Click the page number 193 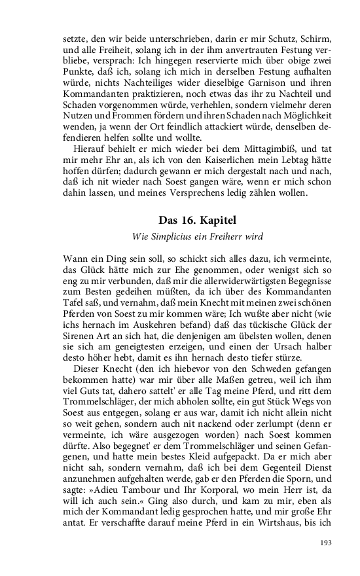coord(327,543)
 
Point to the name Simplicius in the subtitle coord(170,236)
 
